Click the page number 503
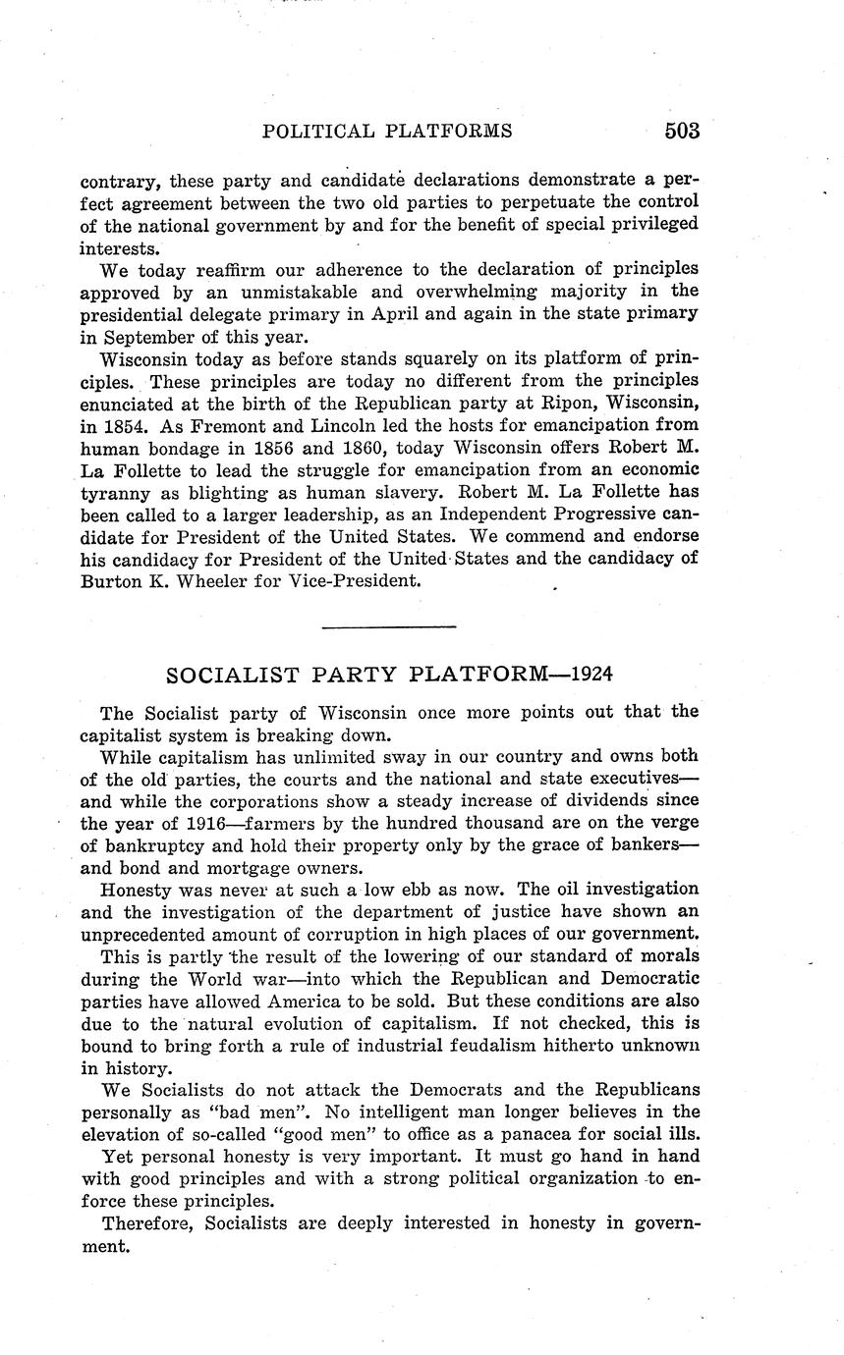coord(681,131)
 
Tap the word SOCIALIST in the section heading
coord(229,675)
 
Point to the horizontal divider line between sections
coord(389,625)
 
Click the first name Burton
coord(112,580)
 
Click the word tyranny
coord(117,492)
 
